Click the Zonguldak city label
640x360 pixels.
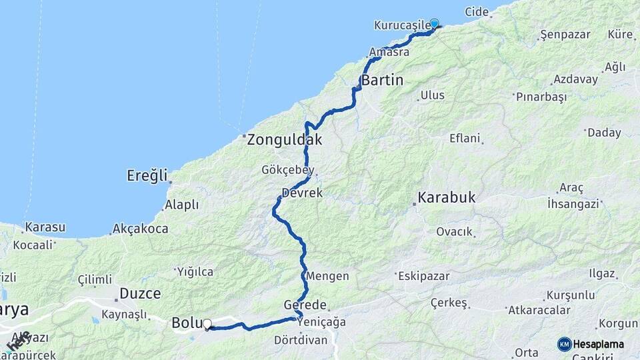pos(285,141)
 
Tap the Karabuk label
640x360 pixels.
pos(447,197)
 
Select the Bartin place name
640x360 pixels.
pos(383,81)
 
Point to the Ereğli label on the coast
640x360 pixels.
pos(147,175)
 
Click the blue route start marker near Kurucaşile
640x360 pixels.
pos(435,24)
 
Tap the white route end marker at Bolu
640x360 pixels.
pos(207,325)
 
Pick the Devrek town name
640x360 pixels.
pos(302,193)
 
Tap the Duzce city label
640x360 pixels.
pos(140,293)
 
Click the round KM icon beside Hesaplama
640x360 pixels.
pos(565,344)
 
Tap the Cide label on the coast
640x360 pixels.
pos(477,13)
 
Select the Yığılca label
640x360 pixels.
pos(195,271)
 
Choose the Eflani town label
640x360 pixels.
pos(465,139)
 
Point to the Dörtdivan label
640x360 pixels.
pos(301,340)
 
